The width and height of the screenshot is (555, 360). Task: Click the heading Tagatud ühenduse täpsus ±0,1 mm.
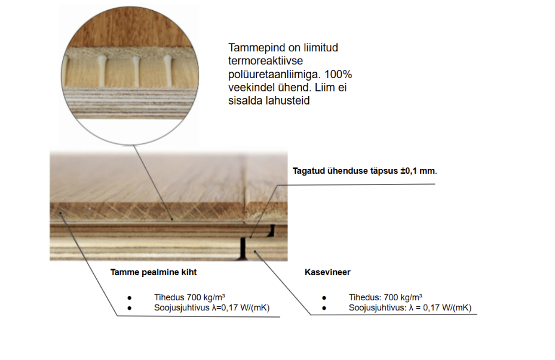[364, 171]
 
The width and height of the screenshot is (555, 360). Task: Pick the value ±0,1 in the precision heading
[409, 171]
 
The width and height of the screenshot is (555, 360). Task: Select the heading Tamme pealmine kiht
[154, 272]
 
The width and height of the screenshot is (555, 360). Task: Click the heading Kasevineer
[327, 272]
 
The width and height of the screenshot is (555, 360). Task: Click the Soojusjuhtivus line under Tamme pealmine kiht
[211, 307]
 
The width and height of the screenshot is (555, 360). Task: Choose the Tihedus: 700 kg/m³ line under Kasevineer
[385, 297]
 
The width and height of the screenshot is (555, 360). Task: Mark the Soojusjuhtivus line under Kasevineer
[410, 307]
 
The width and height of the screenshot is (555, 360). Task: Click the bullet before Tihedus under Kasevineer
[324, 298]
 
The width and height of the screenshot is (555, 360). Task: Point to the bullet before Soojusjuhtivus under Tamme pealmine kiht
[129, 309]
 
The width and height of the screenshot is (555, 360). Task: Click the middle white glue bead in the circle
[136, 70]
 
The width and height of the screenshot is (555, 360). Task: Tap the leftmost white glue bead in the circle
[102, 70]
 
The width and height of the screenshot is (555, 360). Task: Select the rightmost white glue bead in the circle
[167, 70]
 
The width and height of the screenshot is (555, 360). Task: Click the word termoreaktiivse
[265, 61]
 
